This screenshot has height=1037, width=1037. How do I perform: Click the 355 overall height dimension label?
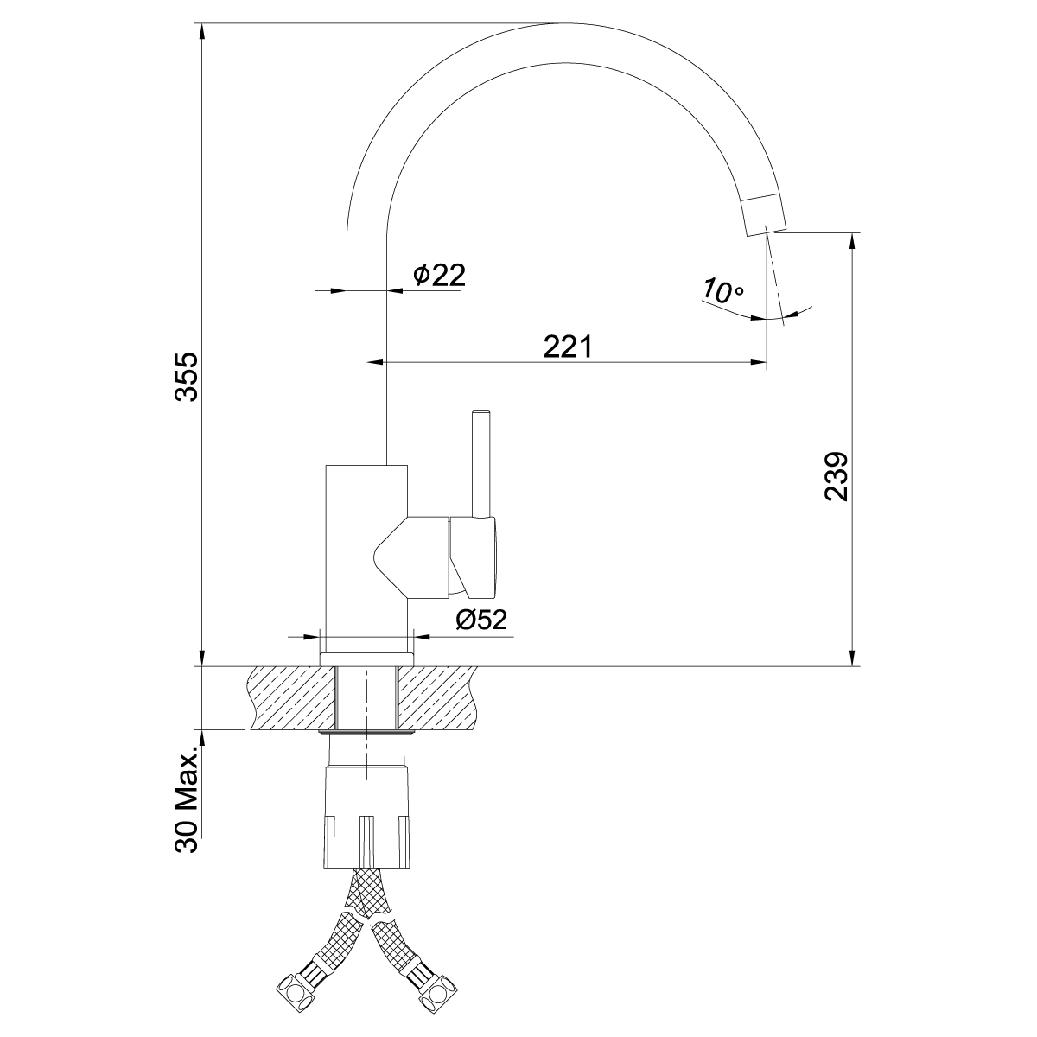187,377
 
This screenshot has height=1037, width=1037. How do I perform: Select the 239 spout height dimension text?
837,476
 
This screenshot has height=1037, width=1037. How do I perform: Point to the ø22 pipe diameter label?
439,275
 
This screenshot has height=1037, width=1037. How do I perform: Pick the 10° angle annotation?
722,290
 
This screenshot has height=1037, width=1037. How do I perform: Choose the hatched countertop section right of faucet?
436,698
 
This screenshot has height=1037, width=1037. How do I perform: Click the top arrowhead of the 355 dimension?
201,31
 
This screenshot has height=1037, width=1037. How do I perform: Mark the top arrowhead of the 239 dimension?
855,242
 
